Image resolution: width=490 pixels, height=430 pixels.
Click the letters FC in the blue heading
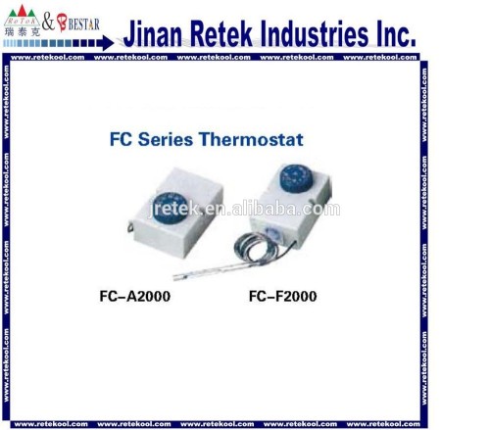(120, 140)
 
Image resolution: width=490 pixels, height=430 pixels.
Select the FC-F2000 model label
(282, 295)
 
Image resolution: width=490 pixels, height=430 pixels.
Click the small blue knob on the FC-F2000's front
(277, 233)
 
